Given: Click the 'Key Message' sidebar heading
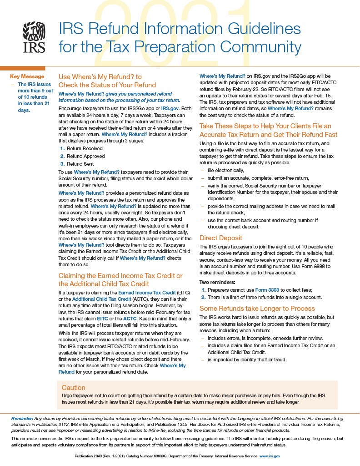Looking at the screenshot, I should pos(27,76).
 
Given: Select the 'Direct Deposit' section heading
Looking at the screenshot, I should pos(221,238).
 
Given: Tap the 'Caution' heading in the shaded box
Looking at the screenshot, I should pos(73,388).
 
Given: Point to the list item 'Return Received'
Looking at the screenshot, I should pos(85,148).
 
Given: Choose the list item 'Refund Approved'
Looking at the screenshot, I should pos(85,156).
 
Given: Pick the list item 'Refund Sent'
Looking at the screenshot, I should pos(81,164).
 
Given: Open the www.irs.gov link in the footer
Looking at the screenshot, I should pos(270,456).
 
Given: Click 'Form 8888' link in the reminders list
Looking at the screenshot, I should pos(268,289).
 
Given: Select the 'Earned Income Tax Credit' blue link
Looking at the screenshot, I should pos(147,292).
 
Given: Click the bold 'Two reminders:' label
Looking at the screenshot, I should pos(217,282).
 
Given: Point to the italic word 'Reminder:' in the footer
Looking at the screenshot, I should pos(22,418).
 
